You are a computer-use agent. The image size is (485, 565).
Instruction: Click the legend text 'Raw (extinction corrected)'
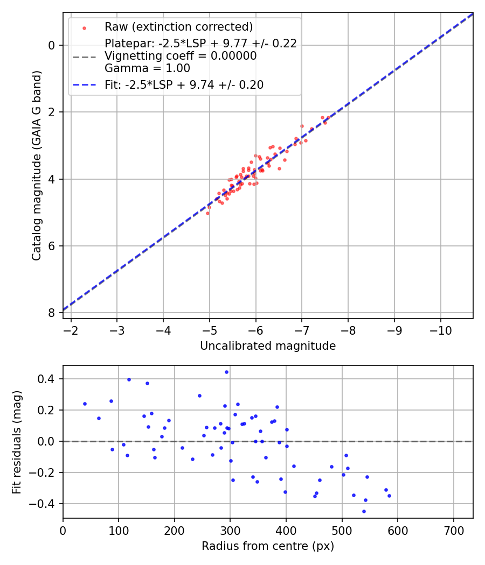[x=178, y=27]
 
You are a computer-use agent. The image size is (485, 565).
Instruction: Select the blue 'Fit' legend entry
[x=184, y=84]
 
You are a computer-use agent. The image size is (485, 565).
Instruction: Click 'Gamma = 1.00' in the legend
[x=147, y=68]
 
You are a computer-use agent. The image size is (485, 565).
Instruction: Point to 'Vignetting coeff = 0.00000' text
[x=181, y=56]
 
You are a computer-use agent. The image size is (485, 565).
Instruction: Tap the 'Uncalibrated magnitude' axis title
[x=268, y=346]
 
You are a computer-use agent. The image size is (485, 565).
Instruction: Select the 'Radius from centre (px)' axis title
[x=268, y=546]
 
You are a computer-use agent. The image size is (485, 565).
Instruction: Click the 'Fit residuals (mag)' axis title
[x=17, y=442]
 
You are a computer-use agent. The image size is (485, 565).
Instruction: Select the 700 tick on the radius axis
[x=453, y=530]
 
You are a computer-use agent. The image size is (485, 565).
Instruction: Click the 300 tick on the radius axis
[x=230, y=530]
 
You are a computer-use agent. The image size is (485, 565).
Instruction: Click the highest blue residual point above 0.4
[x=226, y=372]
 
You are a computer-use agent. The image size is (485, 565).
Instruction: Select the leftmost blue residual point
[x=85, y=404]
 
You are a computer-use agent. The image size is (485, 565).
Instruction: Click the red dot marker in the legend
[x=84, y=27]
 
